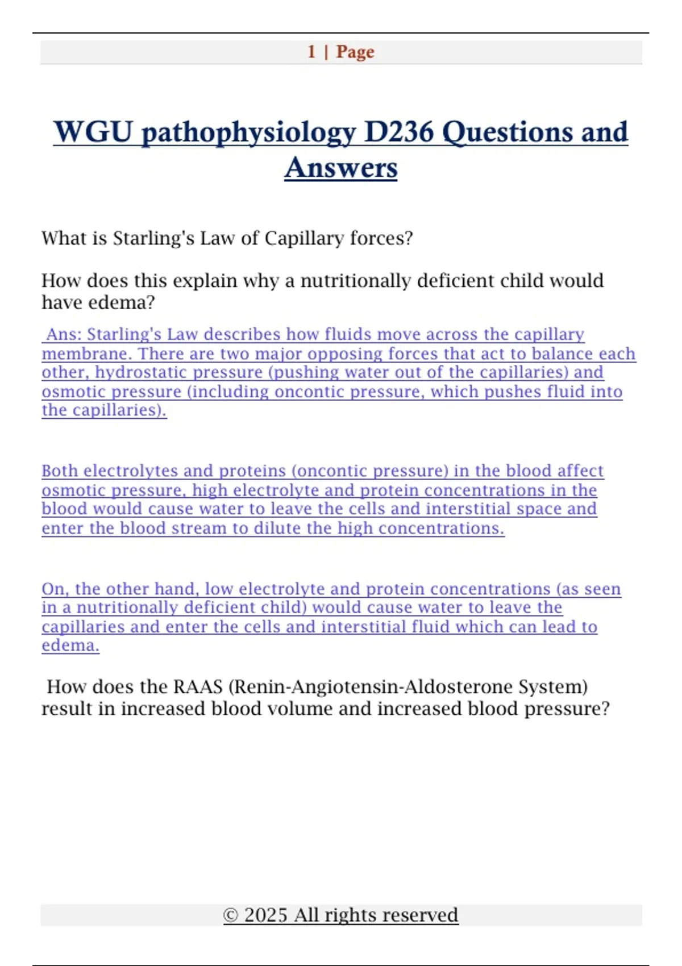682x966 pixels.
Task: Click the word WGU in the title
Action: tap(93, 132)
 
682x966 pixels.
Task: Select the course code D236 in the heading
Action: tap(398, 132)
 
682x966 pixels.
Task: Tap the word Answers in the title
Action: tap(341, 168)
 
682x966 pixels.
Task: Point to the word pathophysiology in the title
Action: tap(248, 133)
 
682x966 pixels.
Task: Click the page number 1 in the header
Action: tap(311, 52)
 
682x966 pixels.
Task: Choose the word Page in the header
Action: tap(355, 52)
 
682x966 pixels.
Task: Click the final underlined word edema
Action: tap(70, 646)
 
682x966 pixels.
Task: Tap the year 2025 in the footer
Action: tap(265, 915)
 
